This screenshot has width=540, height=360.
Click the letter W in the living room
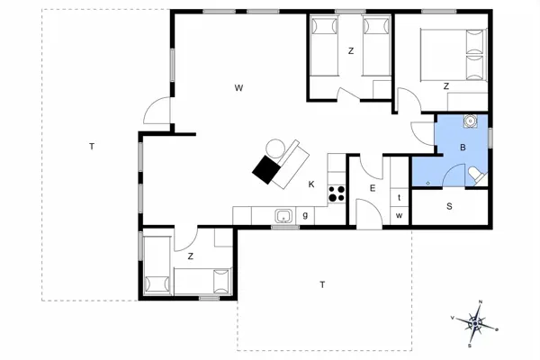click(x=238, y=88)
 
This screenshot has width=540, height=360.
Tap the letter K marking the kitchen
click(x=311, y=184)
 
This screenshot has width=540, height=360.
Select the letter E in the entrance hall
click(x=372, y=188)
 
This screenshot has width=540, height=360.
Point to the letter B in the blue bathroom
click(x=463, y=147)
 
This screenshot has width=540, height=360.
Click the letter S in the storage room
click(x=450, y=206)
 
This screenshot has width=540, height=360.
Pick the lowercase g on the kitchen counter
click(x=306, y=214)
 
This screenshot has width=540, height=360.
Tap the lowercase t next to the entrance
click(x=398, y=196)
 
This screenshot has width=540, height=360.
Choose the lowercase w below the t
click(x=398, y=215)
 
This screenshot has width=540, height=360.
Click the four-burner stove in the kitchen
click(x=337, y=192)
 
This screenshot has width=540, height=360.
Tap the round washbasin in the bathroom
click(x=469, y=121)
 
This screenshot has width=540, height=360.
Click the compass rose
click(x=477, y=322)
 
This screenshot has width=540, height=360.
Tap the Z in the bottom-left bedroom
click(x=191, y=256)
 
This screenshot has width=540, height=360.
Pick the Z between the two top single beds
click(x=351, y=51)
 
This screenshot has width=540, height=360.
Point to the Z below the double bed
click(x=445, y=86)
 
